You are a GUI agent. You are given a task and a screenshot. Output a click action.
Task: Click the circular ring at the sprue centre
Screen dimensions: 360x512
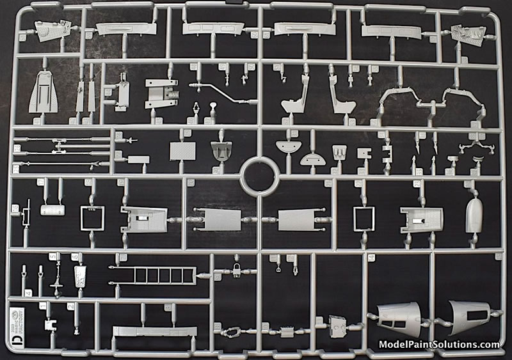[259, 173]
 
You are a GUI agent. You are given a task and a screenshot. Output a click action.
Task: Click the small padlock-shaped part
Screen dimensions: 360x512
[236, 268]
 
